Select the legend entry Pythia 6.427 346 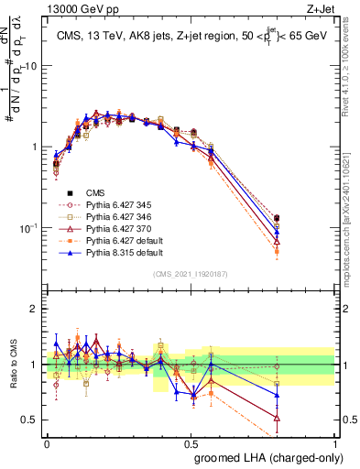click(x=110, y=216)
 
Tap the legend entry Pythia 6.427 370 click(x=110, y=228)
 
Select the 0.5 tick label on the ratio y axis click(x=29, y=420)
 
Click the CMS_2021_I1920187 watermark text click(x=191, y=274)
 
